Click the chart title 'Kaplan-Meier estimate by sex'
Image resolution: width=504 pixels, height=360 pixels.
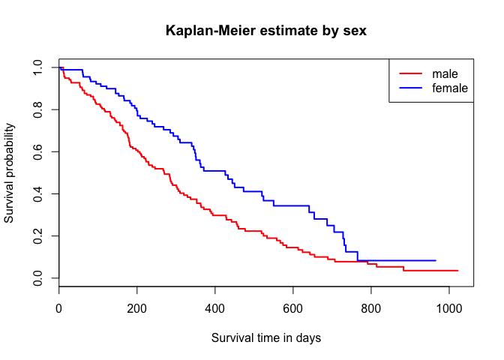265,31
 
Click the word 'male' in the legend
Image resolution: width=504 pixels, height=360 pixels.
445,73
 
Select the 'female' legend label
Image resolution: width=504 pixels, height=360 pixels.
450,88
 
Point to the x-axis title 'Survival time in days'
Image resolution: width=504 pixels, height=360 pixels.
265,337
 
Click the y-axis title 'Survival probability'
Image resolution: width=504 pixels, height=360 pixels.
10,172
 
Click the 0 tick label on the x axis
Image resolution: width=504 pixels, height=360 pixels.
59,307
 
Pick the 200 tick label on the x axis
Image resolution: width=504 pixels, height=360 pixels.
137,307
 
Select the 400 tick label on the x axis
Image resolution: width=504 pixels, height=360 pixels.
215,307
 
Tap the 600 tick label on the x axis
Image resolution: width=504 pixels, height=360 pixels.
293,307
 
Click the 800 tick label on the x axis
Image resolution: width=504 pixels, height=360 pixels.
371,307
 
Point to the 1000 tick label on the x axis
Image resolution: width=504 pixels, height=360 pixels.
449,307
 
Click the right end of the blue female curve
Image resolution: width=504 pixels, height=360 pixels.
435,260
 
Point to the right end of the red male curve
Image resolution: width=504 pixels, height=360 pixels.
457,270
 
